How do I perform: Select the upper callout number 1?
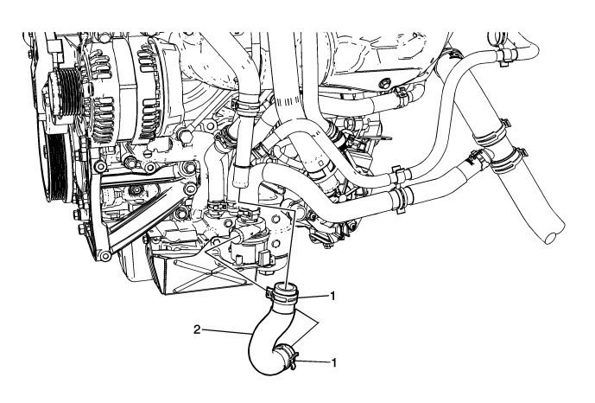click(x=334, y=296)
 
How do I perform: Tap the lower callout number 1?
click(x=334, y=362)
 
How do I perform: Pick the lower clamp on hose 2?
click(x=286, y=356)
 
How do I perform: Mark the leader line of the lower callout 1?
click(x=313, y=361)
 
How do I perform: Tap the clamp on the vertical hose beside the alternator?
click(x=245, y=108)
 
